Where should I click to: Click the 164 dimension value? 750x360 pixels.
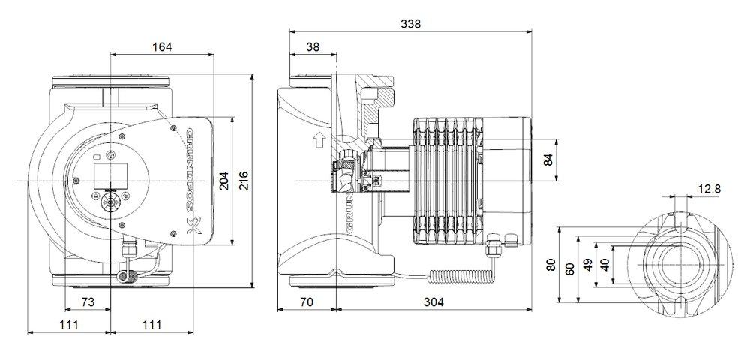161,46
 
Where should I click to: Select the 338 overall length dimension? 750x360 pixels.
410,23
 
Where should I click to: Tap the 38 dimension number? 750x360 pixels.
313,46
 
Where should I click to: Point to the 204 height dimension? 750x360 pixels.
224,181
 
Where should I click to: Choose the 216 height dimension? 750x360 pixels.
243,181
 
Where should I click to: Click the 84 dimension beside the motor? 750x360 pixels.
547,160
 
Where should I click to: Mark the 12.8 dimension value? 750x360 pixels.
707,189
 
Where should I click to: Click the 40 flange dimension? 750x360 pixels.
604,265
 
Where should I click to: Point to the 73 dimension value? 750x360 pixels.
88,301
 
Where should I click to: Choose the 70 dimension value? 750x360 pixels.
307,301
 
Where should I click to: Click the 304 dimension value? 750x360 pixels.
433,301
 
